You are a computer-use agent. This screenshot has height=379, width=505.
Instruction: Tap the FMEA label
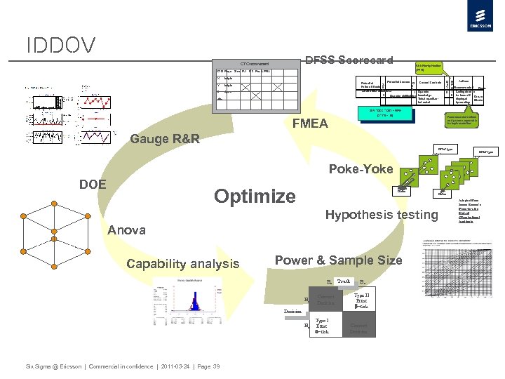click(309, 124)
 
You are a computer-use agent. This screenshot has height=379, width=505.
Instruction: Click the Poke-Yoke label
click(361, 168)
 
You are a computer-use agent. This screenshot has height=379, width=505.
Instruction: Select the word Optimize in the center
click(255, 196)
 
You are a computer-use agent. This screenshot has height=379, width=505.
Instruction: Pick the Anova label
click(126, 230)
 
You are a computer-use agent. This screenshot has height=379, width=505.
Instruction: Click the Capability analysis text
click(182, 264)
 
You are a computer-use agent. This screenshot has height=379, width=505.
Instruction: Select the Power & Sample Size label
click(338, 260)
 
